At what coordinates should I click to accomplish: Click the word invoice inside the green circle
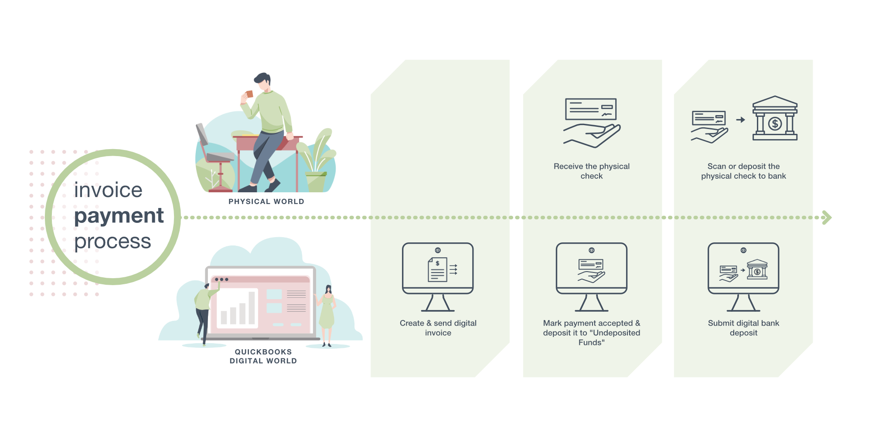[x=108, y=190]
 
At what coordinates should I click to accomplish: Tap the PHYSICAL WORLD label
[x=266, y=201]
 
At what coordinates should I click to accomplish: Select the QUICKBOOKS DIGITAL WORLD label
[x=263, y=356]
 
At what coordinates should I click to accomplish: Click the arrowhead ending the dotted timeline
[x=827, y=217]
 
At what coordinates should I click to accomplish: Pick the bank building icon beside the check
[x=775, y=119]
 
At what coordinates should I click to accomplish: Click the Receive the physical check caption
[x=592, y=171]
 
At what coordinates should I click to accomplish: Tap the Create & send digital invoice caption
[x=438, y=328]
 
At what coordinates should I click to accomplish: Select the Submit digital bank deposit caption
[x=743, y=328]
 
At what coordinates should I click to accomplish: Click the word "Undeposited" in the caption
[x=617, y=333]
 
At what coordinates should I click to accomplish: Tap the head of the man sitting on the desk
[x=263, y=81]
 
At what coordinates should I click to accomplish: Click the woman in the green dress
[x=327, y=314]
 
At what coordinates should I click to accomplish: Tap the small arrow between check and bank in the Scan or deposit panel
[x=740, y=119]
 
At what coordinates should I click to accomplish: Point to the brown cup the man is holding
[x=249, y=94]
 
